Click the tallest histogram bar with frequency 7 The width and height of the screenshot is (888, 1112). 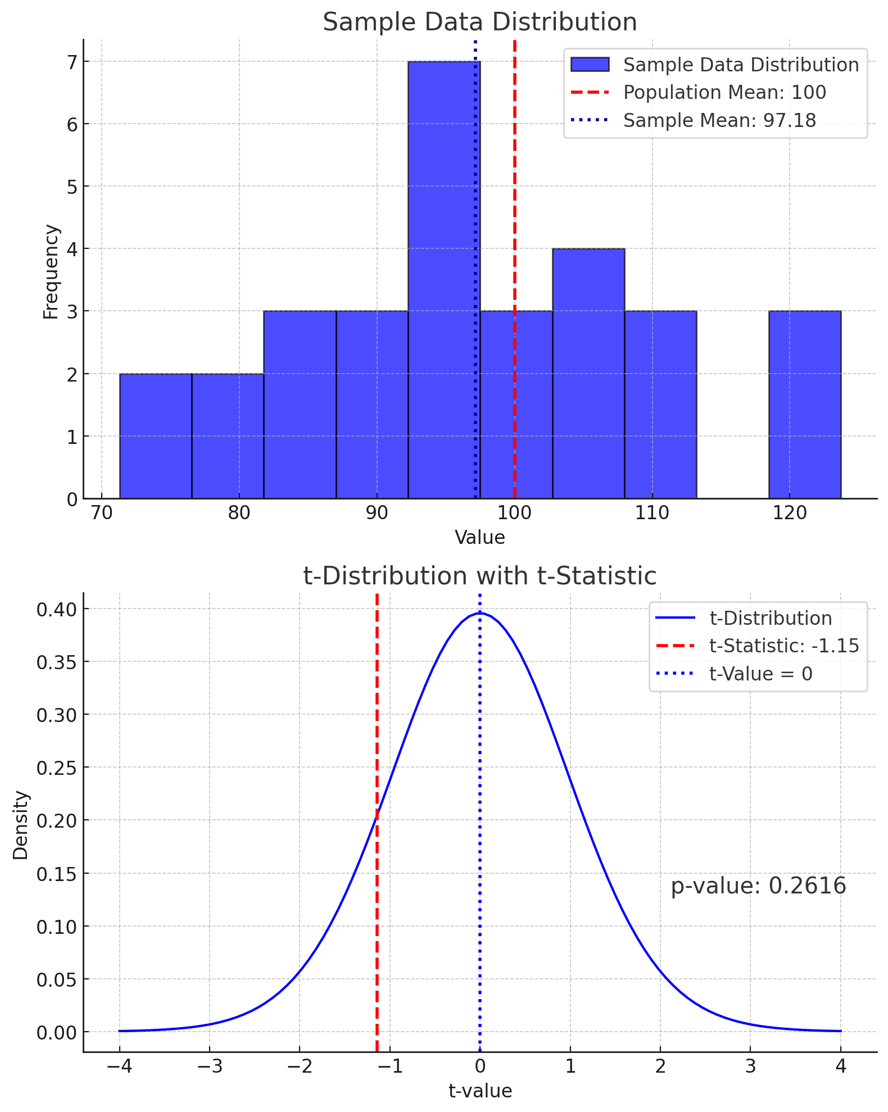coord(444,281)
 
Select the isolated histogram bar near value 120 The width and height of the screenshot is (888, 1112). coord(804,405)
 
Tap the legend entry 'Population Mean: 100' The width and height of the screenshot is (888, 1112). coord(724,93)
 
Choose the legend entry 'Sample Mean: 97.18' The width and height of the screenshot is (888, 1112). coord(719,120)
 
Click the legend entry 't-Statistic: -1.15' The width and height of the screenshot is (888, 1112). coord(784,646)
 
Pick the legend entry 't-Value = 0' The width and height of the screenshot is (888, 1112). coord(761,674)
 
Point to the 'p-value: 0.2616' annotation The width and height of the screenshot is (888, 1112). coord(758,886)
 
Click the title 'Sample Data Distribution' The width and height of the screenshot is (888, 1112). coord(479,22)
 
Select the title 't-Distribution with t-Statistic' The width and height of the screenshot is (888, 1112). coord(479,577)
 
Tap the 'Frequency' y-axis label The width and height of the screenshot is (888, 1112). coord(51,272)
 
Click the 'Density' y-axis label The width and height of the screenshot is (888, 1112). coord(21,825)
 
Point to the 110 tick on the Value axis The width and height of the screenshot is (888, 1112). coord(652,514)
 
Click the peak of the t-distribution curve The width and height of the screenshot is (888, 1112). coord(479,613)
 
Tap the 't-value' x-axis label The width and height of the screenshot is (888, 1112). coord(480,1091)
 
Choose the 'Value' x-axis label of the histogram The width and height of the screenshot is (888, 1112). coord(479,538)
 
